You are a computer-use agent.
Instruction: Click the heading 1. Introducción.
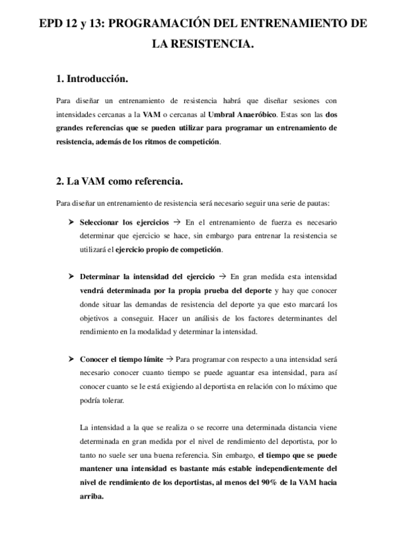[92, 79]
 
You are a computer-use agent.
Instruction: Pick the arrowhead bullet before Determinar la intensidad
[72, 277]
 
